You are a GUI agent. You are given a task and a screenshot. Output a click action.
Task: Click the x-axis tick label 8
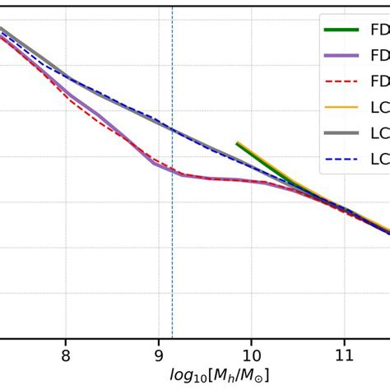tap(66, 355)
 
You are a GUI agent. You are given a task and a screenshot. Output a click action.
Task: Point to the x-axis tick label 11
tap(344, 355)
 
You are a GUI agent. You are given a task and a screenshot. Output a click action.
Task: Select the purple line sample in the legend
tap(341, 56)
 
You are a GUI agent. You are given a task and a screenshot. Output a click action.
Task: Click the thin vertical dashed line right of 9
tap(172, 247)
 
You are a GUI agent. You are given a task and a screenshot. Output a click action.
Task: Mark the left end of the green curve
tap(237, 143)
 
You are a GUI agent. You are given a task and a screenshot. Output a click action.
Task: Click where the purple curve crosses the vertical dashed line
tap(172, 171)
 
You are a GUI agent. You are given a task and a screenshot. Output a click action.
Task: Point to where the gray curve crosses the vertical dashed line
tap(172, 128)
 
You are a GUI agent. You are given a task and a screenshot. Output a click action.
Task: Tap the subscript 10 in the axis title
tap(196, 378)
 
